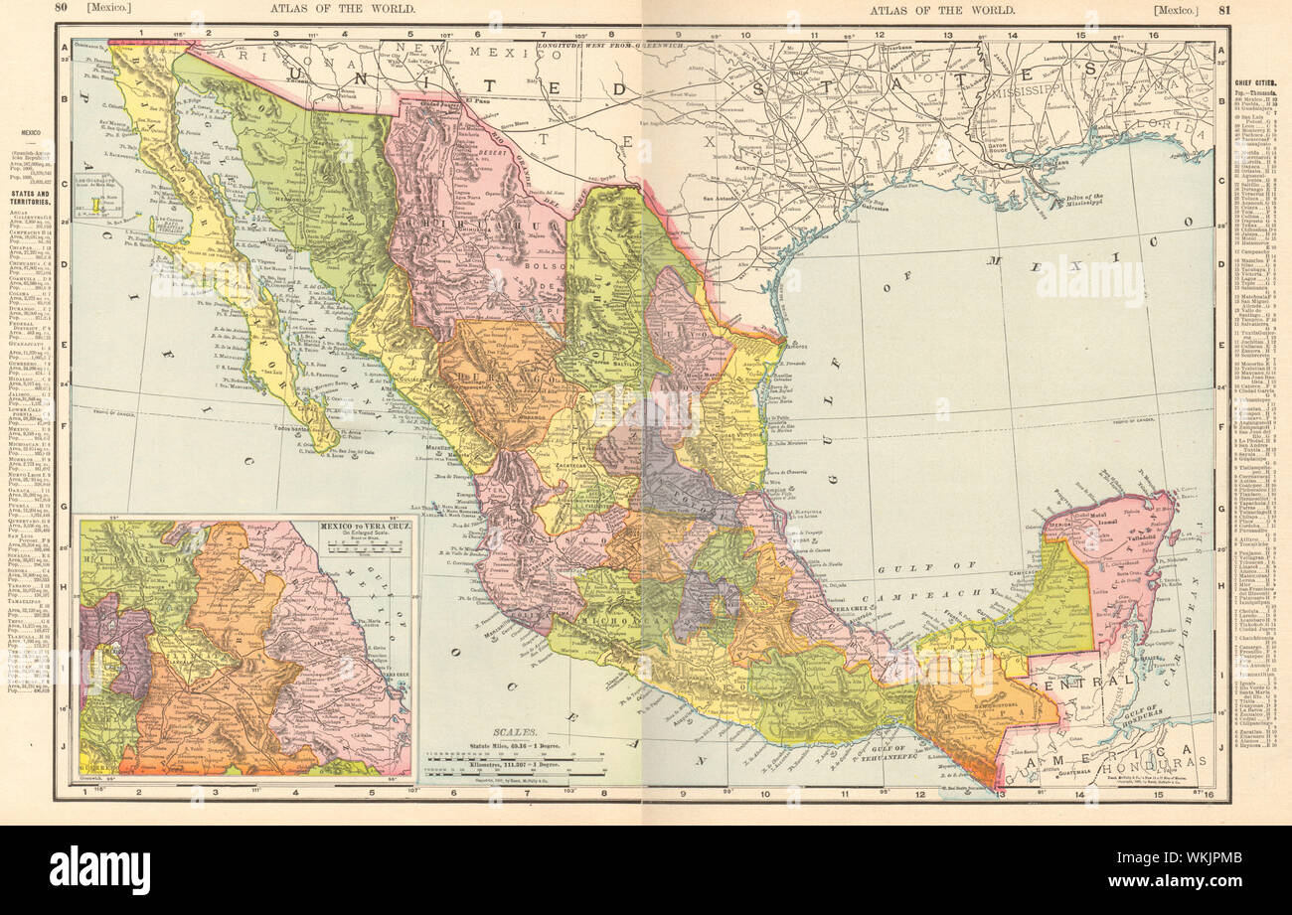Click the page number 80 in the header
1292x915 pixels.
tap(60, 9)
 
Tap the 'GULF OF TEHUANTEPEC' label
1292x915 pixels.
tap(885, 747)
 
